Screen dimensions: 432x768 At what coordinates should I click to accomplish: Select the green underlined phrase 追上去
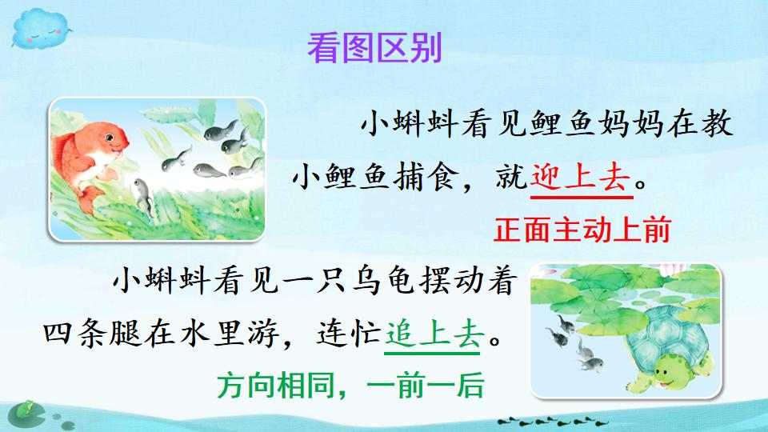432,330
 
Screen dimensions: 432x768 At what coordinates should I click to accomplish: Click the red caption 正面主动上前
582,231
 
